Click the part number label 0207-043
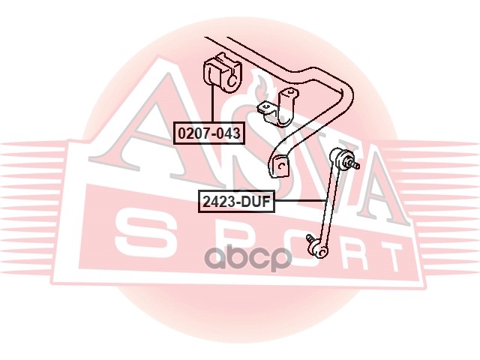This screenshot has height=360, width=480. tap(209, 134)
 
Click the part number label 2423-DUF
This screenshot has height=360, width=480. tap(235, 200)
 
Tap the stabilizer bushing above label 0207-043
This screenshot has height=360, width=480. tap(220, 73)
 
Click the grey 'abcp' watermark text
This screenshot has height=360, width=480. tap(249, 259)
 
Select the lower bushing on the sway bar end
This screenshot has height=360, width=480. tap(280, 166)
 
